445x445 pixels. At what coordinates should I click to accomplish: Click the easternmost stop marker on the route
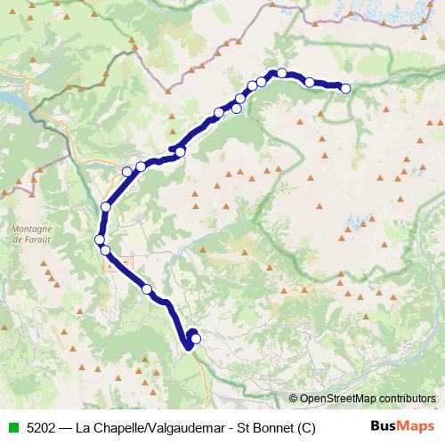point(345,88)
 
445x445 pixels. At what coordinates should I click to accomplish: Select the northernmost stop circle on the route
point(281,73)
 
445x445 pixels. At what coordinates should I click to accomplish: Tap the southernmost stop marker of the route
point(196,338)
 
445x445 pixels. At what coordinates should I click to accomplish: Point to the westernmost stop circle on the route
point(100,239)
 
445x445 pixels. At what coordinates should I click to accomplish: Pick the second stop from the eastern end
point(309,82)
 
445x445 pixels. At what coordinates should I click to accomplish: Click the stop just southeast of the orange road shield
point(147,289)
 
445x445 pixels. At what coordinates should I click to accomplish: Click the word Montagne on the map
point(32,230)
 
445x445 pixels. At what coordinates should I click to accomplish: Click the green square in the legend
point(13,427)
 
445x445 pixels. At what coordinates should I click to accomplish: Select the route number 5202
point(44,427)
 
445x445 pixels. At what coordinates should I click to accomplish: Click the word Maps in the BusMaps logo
point(417,426)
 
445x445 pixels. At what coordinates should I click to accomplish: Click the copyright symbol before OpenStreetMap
point(294,399)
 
